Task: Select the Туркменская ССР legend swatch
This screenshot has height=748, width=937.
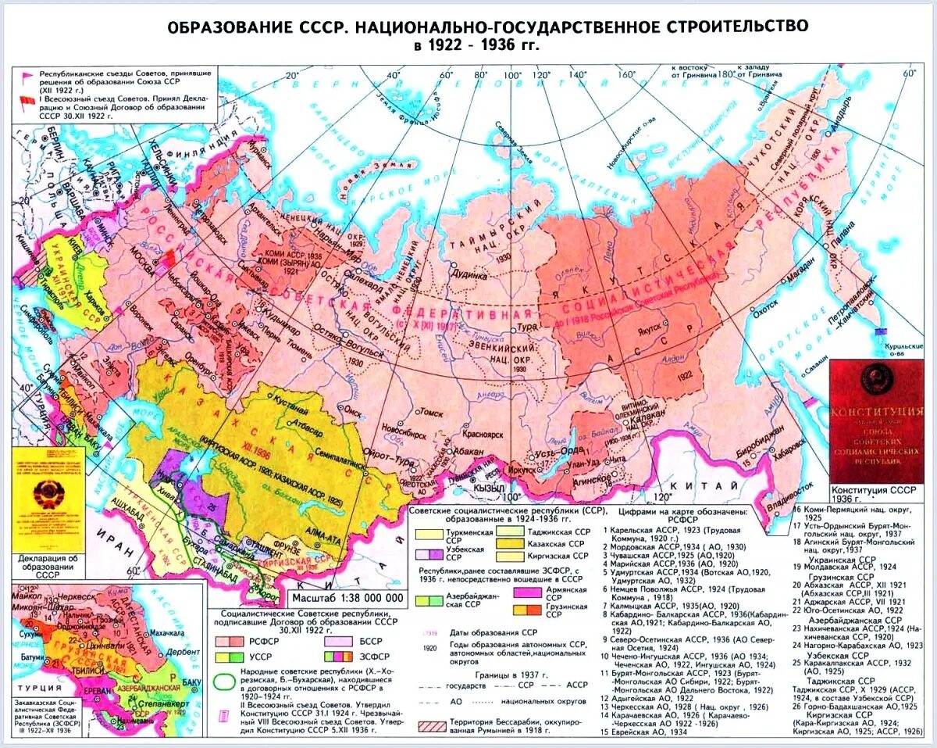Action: pos(428,534)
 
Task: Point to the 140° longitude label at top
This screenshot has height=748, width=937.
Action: pos(578,74)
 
